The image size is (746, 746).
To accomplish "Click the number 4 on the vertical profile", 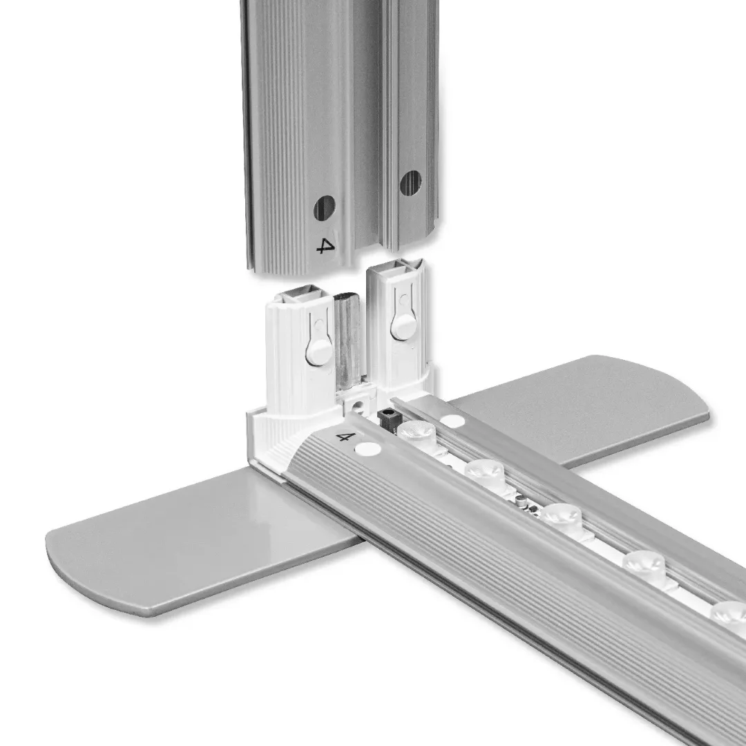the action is [325, 245].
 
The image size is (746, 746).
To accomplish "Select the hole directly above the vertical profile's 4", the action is [324, 208].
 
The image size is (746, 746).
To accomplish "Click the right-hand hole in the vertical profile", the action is [410, 183].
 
